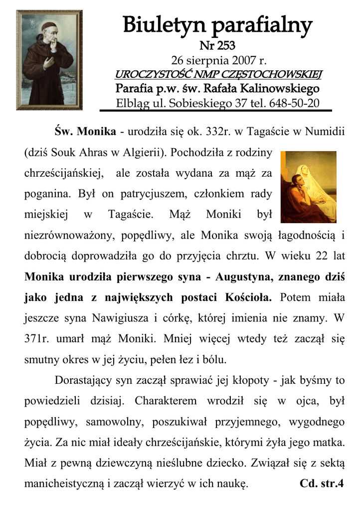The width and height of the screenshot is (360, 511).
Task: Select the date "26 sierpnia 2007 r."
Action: coord(218,61)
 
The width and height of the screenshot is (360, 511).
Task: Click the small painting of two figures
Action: coord(308,187)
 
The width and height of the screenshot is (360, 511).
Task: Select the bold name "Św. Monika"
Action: coord(85,132)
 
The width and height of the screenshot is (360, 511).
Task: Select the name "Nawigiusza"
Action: coord(120,317)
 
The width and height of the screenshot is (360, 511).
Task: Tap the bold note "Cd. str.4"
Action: coord(322,483)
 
